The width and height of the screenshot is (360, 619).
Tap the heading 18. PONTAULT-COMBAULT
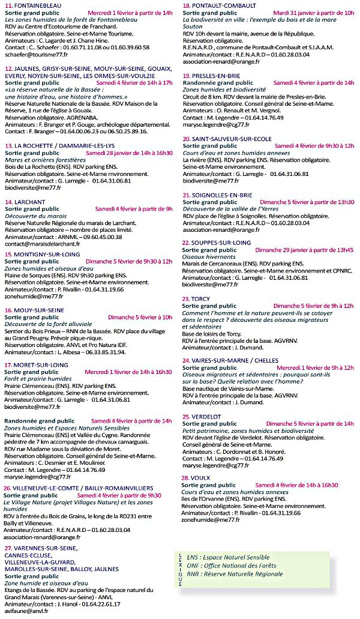pyautogui.click(x=219, y=5)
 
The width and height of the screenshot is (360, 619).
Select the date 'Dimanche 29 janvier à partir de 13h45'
pyautogui.click(x=304, y=249)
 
